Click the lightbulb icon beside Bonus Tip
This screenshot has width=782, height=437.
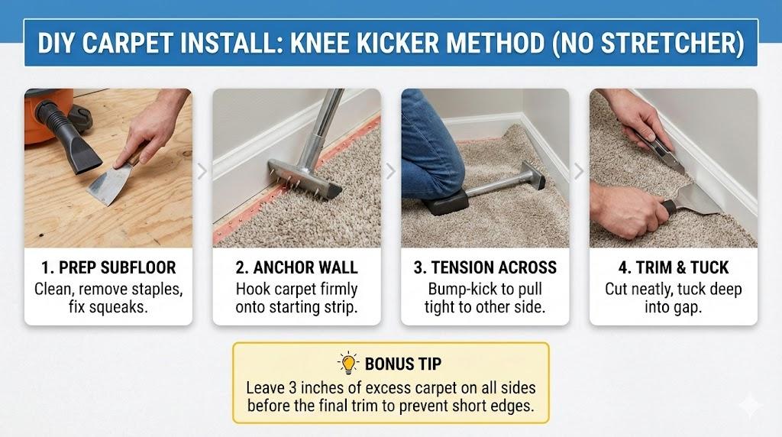pyautogui.click(x=348, y=363)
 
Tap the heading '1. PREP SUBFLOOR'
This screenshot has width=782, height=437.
pyautogui.click(x=108, y=267)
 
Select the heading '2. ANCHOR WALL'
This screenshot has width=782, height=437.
pyautogui.click(x=297, y=267)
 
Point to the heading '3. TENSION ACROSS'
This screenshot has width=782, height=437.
pyautogui.click(x=485, y=267)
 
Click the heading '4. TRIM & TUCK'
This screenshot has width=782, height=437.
pyautogui.click(x=674, y=267)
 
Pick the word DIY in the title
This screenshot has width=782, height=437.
pyautogui.click(x=57, y=43)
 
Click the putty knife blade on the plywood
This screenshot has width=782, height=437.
pyautogui.click(x=107, y=186)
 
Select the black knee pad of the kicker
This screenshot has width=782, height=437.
pyautogui.click(x=445, y=202)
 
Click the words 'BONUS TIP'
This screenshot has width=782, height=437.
pyautogui.click(x=403, y=364)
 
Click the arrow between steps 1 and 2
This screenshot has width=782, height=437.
pyautogui.click(x=202, y=171)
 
